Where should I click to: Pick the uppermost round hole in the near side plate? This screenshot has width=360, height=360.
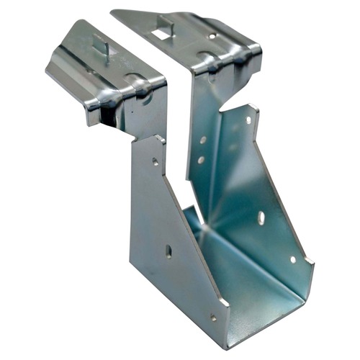coord(155,162)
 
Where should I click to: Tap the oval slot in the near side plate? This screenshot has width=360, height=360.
coord(168,251)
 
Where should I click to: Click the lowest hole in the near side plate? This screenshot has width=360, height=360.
coord(213,317)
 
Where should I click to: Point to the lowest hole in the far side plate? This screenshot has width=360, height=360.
coord(292,259)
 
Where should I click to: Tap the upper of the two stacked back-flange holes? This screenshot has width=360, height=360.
coord(204,140)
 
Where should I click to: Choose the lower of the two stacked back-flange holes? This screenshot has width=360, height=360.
coord(201,160)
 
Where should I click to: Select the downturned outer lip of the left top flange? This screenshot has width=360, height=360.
coord(68,79)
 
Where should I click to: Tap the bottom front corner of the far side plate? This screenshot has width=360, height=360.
coord(311,270)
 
